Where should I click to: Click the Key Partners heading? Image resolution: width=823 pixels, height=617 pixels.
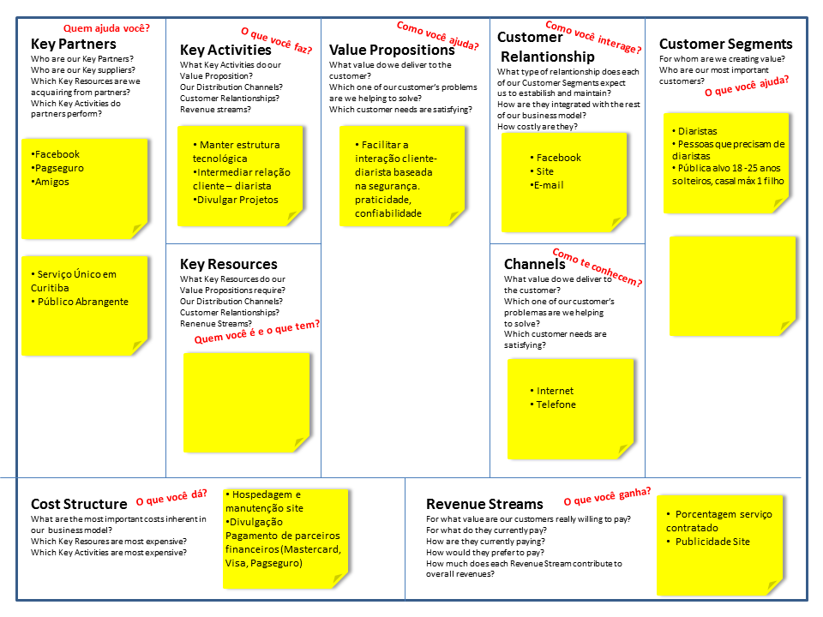74,44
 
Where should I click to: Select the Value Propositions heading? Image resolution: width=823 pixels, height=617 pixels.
392,50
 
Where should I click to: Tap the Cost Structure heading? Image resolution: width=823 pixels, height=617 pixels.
79,504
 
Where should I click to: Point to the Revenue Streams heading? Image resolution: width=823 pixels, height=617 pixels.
484,504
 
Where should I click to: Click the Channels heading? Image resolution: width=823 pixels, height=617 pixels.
534,264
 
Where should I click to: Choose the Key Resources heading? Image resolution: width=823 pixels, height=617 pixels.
228,264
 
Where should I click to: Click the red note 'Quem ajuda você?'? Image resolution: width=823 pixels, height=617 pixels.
106,28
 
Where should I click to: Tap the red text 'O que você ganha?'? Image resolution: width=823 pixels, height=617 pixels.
607,496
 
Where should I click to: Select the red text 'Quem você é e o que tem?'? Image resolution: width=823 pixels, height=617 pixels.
256,332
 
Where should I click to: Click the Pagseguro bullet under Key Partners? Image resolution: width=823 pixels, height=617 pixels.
57,169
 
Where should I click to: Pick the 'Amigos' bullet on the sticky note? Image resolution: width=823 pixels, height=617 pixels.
50,182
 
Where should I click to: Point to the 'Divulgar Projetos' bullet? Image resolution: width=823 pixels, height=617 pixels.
236,200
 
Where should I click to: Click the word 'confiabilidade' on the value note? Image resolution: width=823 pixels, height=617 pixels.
388,213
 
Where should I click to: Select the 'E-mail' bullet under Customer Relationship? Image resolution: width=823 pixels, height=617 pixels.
547,185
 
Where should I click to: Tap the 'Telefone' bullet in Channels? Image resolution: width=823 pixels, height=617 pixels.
553,404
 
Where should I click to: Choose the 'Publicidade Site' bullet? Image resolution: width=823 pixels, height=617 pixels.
709,542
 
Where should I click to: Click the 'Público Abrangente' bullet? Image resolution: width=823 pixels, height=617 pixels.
80,302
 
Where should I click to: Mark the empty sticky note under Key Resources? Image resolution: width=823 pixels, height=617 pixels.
247,403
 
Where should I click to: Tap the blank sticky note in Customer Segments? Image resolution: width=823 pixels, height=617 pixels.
733,286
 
